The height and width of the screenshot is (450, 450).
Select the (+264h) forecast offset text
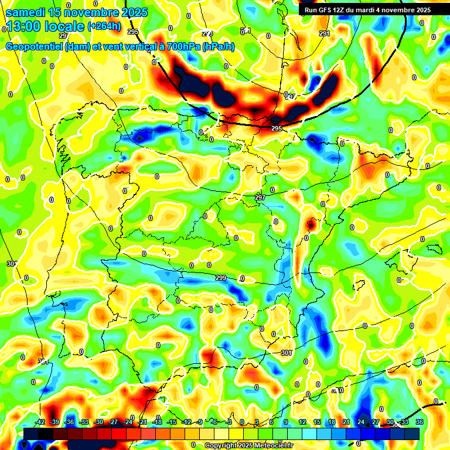[x=104, y=26]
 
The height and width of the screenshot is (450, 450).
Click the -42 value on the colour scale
[x=40, y=422]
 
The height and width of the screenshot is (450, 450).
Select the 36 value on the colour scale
[x=420, y=422]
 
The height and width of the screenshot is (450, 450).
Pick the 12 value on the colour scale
[x=303, y=422]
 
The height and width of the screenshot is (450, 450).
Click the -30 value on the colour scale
[x=98, y=422]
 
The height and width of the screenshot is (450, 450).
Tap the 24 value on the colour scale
[x=361, y=422]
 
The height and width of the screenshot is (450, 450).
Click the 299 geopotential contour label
[x=221, y=278]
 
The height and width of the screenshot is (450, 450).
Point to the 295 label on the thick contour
[x=277, y=128]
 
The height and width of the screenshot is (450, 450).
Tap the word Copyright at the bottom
[x=221, y=445]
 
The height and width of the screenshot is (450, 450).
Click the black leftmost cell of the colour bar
[x=31, y=434]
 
